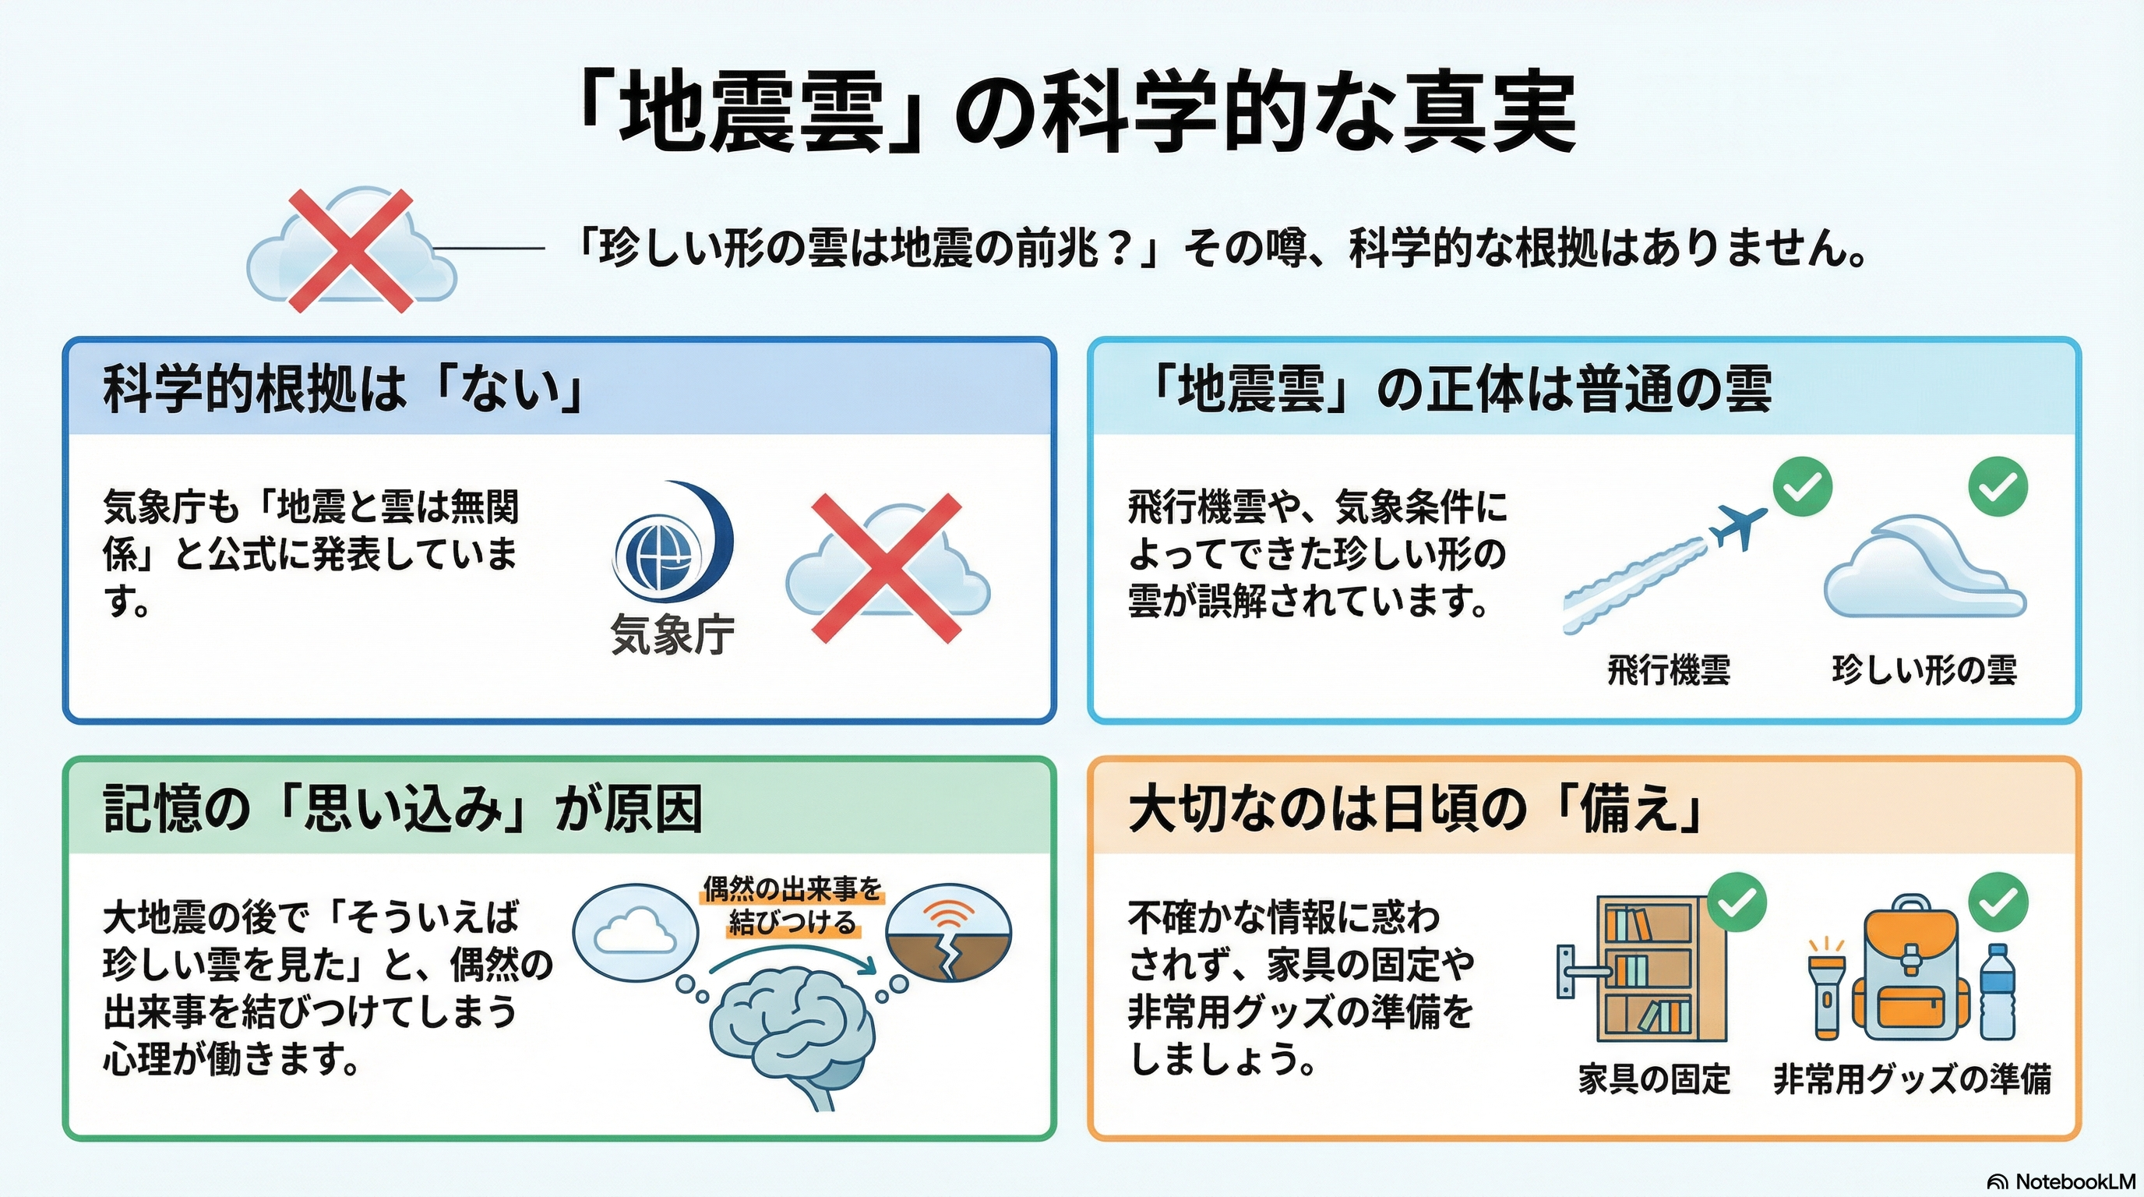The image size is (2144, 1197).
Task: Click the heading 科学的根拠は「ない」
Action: point(342,389)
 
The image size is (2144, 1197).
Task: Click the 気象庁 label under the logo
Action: point(672,634)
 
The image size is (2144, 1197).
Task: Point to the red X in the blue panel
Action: point(887,569)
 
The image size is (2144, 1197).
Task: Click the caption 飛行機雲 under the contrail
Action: point(1669,670)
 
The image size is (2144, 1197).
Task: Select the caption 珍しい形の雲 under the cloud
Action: point(1924,670)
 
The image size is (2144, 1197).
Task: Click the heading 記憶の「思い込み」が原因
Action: point(403,808)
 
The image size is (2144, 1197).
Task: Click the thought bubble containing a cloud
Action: point(636,931)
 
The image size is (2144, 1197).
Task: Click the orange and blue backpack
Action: point(1911,969)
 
